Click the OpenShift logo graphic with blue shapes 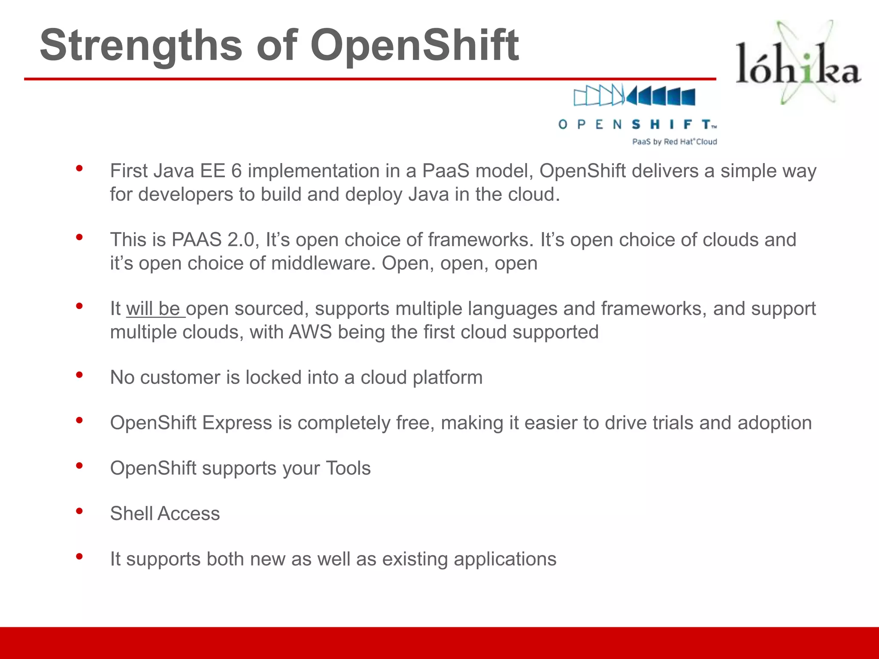tap(634, 95)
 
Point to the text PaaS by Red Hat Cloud tap(674, 142)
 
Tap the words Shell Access tap(165, 514)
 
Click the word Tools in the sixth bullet tap(348, 468)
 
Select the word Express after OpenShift tap(237, 423)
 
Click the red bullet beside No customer tap(79, 375)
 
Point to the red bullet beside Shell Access tap(79, 511)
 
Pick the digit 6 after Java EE tap(236, 171)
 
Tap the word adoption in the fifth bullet tap(774, 423)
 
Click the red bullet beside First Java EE tap(79, 169)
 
